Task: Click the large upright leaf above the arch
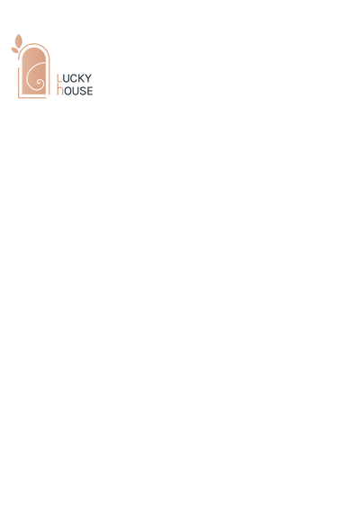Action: (19, 40)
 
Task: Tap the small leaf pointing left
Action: (14, 50)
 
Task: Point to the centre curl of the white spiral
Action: (40, 83)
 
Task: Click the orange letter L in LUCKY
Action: (59, 78)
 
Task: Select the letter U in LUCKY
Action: (65, 78)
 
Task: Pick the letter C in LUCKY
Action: (72, 78)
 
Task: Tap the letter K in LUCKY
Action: (80, 78)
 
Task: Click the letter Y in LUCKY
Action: (87, 78)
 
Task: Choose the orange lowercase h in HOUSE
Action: (60, 89)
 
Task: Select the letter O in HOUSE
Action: (67, 91)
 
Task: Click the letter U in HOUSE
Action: (76, 91)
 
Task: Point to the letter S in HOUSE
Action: (83, 91)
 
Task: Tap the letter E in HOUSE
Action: (90, 91)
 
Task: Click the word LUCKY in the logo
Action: (75, 78)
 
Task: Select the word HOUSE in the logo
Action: (75, 90)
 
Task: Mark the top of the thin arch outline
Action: (34, 43)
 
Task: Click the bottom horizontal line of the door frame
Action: (32, 97)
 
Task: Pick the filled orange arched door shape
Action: (34, 71)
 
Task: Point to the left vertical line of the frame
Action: (19, 83)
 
